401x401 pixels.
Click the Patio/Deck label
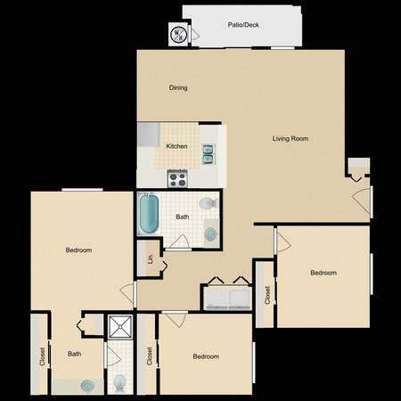[243, 25]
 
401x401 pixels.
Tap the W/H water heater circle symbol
[178, 35]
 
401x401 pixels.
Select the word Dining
[178, 87]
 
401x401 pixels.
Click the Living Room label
[291, 138]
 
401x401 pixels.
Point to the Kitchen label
[176, 146]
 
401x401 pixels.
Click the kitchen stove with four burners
[177, 178]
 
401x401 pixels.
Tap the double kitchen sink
[208, 154]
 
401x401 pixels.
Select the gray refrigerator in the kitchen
[148, 135]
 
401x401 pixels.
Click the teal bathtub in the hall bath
[149, 213]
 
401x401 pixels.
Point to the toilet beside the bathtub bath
[209, 203]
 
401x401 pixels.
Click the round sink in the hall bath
[210, 234]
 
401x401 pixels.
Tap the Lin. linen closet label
[151, 258]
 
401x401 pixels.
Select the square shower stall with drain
[120, 327]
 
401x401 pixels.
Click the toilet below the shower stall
[119, 383]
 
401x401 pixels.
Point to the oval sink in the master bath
[87, 386]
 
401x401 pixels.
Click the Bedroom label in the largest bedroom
[78, 250]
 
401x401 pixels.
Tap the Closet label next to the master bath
[42, 356]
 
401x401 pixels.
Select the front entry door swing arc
[361, 200]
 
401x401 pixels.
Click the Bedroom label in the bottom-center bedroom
[206, 356]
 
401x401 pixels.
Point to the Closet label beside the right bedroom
[267, 295]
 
